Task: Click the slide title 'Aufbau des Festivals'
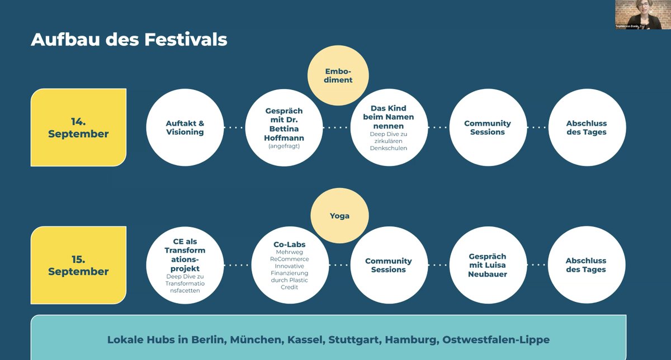point(129,40)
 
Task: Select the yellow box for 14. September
point(78,127)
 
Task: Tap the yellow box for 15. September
point(78,265)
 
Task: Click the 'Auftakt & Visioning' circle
point(185,127)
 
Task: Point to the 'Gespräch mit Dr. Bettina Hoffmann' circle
point(284,127)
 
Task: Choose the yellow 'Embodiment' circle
point(339,75)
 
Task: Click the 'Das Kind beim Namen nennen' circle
point(388,127)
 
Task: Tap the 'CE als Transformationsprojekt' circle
point(185,265)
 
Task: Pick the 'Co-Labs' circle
point(290,265)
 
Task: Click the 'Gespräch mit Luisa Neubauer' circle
point(488,265)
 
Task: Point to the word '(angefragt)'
point(284,146)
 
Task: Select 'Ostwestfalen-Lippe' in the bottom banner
point(496,339)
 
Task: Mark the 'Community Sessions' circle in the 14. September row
point(488,127)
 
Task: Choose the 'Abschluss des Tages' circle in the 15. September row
point(586,265)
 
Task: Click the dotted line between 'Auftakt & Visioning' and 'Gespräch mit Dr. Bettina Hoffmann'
point(235,127)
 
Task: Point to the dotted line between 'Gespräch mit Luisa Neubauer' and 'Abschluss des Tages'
point(537,265)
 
